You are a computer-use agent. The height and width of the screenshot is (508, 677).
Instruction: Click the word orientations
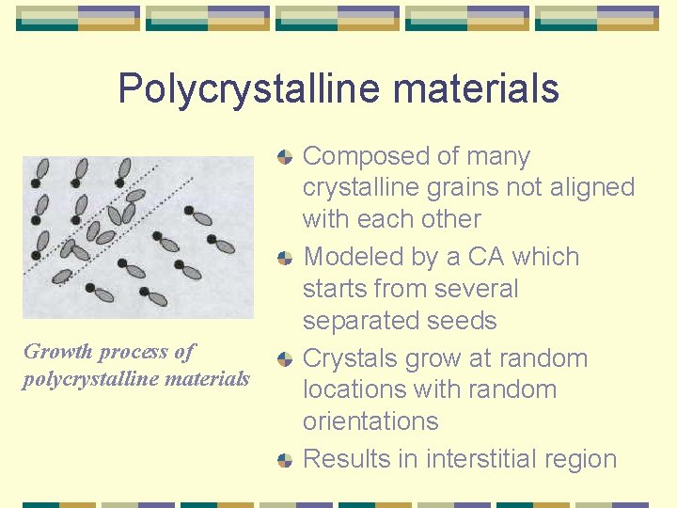(x=370, y=421)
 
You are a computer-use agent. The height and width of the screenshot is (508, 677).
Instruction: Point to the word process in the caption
(x=134, y=353)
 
